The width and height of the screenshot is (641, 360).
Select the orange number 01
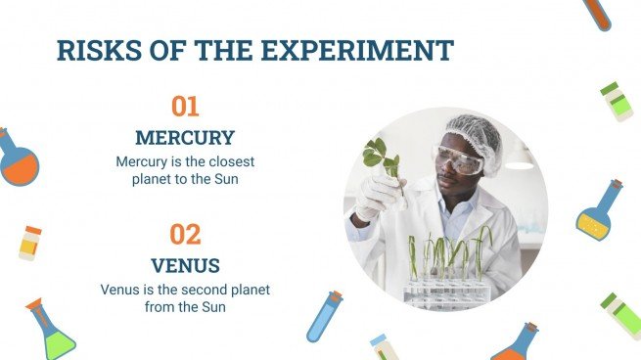[185, 106]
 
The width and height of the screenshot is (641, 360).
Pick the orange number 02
[185, 235]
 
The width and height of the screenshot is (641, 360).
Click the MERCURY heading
[185, 137]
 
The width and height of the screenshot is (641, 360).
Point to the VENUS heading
[185, 265]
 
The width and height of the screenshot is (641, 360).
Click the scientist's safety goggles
[456, 159]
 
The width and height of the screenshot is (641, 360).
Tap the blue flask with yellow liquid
[598, 213]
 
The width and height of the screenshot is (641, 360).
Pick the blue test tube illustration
[324, 315]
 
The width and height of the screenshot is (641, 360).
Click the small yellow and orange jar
[30, 243]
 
